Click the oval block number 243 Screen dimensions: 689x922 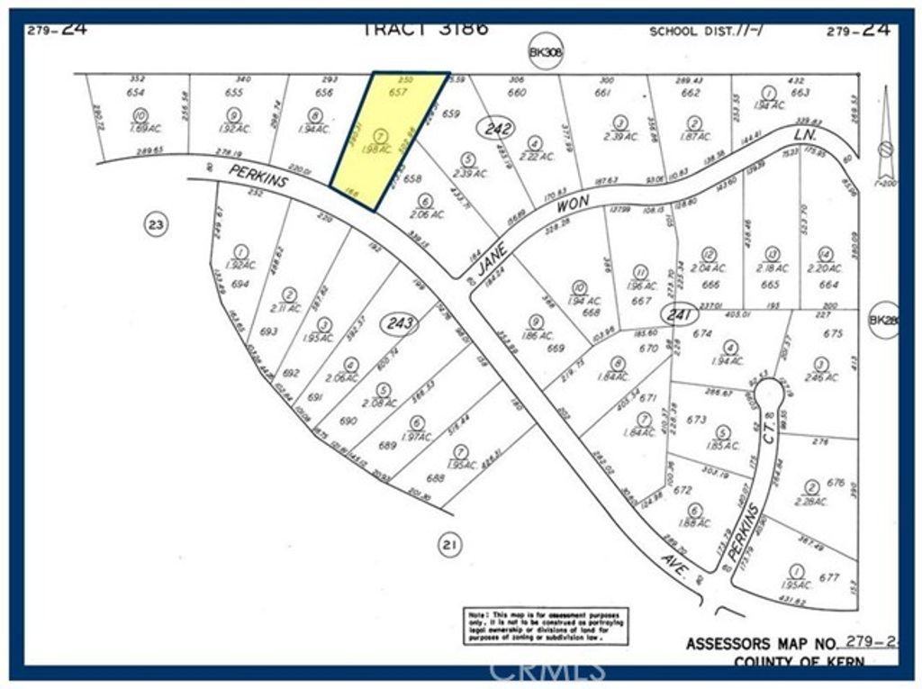[399, 322]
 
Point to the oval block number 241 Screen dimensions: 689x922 [677, 314]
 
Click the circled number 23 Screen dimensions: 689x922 [156, 225]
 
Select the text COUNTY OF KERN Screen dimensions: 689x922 [799, 662]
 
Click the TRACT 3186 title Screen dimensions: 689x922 [425, 28]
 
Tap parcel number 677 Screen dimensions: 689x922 [829, 578]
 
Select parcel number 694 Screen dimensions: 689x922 [240, 284]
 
